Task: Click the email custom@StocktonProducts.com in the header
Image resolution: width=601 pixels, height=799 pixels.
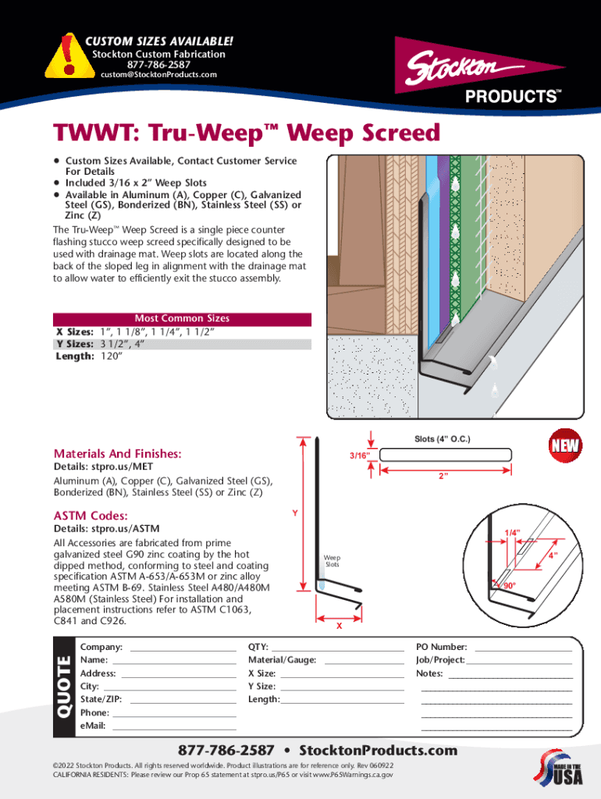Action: point(159,75)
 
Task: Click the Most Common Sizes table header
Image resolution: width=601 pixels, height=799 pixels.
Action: point(182,318)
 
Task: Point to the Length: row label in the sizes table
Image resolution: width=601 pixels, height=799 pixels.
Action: point(73,356)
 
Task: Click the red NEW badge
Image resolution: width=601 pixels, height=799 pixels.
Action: point(565,446)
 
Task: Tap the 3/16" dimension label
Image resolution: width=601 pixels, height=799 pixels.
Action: point(359,454)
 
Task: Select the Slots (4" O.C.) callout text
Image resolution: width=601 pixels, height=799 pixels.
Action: point(442,439)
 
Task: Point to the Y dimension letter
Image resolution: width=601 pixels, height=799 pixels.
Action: point(294,513)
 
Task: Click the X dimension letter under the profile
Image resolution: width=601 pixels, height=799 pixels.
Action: point(339,626)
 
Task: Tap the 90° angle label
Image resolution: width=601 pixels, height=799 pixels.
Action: point(509,585)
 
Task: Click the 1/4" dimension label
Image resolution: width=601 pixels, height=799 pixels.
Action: point(512,532)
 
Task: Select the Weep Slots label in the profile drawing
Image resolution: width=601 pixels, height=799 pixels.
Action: point(333,560)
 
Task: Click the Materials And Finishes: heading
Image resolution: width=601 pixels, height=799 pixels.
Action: point(117,453)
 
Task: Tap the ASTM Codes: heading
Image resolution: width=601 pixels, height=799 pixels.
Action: point(91,516)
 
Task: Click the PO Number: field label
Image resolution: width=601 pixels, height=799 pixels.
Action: point(442,647)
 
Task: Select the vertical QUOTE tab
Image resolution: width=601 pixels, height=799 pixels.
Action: point(63,686)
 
